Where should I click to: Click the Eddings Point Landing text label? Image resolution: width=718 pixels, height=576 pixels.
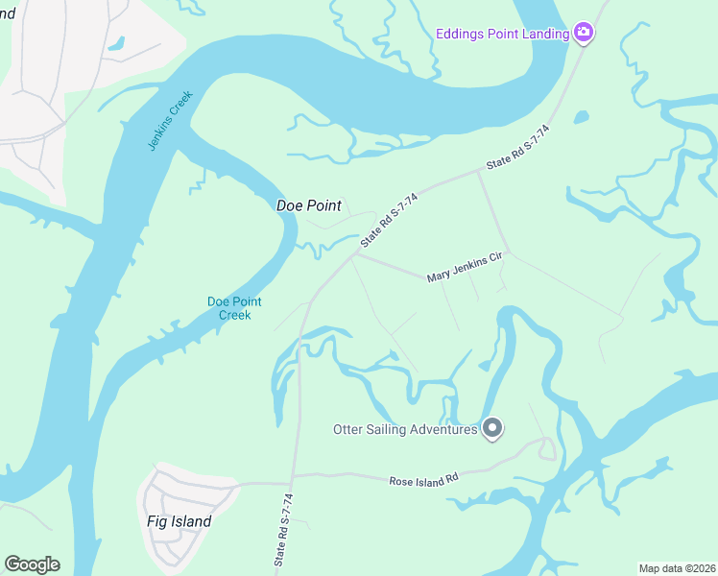pos(502,34)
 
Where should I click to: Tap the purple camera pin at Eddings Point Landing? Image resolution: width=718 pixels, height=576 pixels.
pos(584,34)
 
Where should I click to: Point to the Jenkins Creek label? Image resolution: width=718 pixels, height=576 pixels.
pos(171,120)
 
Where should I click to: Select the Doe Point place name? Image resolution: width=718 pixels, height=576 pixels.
pos(309,205)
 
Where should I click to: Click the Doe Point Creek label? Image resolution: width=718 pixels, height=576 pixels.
pos(229,308)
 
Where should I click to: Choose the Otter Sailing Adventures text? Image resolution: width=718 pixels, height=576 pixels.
pos(405,429)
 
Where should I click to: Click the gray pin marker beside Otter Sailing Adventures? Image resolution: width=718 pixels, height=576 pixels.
pos(492,427)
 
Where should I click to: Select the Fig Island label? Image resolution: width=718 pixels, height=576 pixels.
pos(179,522)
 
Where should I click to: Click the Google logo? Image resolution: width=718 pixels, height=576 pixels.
pos(32,564)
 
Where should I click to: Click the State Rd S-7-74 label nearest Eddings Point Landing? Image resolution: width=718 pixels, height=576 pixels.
pos(518,148)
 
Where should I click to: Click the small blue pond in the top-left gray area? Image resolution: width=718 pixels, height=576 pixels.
pos(116,43)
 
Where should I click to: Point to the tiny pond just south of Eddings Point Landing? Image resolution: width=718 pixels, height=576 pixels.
pos(581,117)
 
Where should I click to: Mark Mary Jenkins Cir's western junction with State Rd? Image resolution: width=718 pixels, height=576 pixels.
pos(357,254)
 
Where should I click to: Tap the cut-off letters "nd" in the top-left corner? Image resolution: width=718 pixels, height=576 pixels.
pos(8,13)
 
